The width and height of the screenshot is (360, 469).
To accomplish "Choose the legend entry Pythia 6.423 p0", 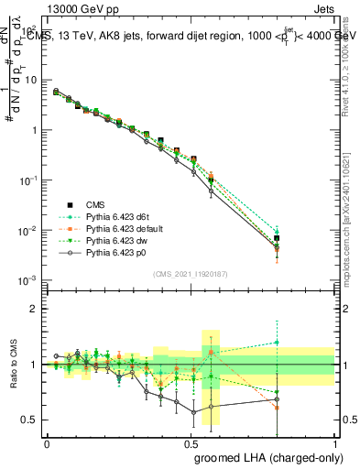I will (115, 252).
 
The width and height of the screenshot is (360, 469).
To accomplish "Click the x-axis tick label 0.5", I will (191, 442).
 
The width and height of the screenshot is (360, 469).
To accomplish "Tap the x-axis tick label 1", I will (335, 442).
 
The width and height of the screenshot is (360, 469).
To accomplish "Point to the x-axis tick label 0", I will (47, 442).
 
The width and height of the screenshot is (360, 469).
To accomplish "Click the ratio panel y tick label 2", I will (34, 309).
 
